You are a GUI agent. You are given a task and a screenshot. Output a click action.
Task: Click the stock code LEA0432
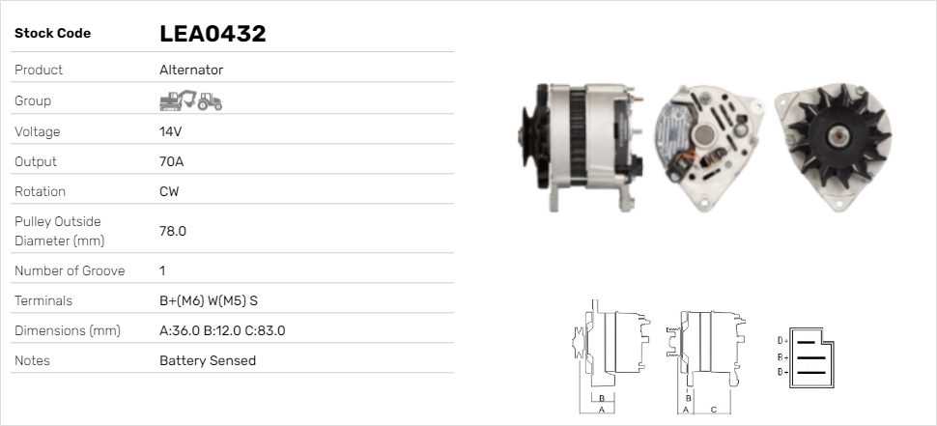point(213,34)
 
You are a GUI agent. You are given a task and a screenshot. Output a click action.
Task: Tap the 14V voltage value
point(171,131)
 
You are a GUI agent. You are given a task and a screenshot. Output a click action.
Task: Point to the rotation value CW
point(169,191)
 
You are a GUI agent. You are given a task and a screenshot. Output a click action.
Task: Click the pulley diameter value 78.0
point(173,231)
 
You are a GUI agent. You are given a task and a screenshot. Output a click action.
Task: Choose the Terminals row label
point(43,300)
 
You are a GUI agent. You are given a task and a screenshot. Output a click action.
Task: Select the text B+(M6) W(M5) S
point(208,300)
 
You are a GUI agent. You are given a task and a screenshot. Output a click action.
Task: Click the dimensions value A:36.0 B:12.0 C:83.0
point(222,330)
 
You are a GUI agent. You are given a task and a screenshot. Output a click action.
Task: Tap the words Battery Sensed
point(208,360)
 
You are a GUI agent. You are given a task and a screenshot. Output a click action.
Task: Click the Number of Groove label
point(70,270)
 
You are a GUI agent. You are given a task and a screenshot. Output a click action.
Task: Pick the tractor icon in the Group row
point(210,100)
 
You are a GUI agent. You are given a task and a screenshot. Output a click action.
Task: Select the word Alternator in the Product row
point(191,70)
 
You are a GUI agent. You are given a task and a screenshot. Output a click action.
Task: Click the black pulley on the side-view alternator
point(530,146)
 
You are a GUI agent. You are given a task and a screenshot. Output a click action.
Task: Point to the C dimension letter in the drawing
point(714,410)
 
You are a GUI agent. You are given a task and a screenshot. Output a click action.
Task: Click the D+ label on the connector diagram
point(782,340)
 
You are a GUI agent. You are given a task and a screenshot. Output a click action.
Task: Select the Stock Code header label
point(52,33)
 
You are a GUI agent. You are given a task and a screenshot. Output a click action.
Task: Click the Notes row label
point(32,360)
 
